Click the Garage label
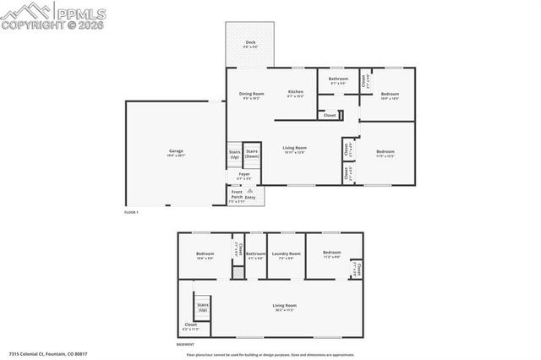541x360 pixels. point(175,153)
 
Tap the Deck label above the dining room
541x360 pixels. point(250,44)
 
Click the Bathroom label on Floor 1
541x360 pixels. point(338,80)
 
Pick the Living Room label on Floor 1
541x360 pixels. point(294,150)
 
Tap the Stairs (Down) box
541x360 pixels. point(252,154)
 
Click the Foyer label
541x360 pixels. point(243,177)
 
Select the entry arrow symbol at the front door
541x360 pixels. point(249,191)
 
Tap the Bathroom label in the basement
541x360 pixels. point(255,255)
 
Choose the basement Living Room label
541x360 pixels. point(284,307)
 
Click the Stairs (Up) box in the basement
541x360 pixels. point(203,308)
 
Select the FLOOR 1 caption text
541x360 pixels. point(131,212)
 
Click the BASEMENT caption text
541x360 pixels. point(185,344)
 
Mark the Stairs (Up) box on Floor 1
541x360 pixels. point(234,155)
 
